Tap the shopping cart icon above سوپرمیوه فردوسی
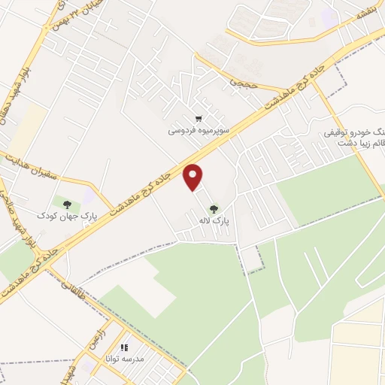click(x=198, y=119)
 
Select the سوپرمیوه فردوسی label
click(x=198, y=130)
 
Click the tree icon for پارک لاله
click(x=214, y=210)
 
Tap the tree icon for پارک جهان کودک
click(x=68, y=204)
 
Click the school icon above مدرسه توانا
click(x=125, y=349)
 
